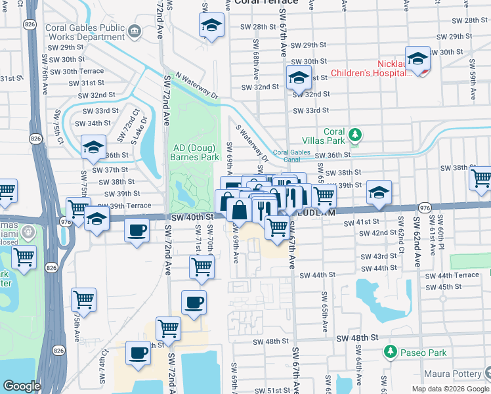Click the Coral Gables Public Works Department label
coord(85,33)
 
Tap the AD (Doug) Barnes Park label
coord(194,152)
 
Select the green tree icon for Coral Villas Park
coord(355,135)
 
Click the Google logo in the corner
coord(22,386)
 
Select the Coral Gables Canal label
coord(290,156)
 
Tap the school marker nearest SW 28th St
coord(211,26)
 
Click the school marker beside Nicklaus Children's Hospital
coord(417,58)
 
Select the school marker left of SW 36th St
coord(93,147)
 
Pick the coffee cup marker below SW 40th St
coord(137,230)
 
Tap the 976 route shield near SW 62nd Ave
coord(424,208)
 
